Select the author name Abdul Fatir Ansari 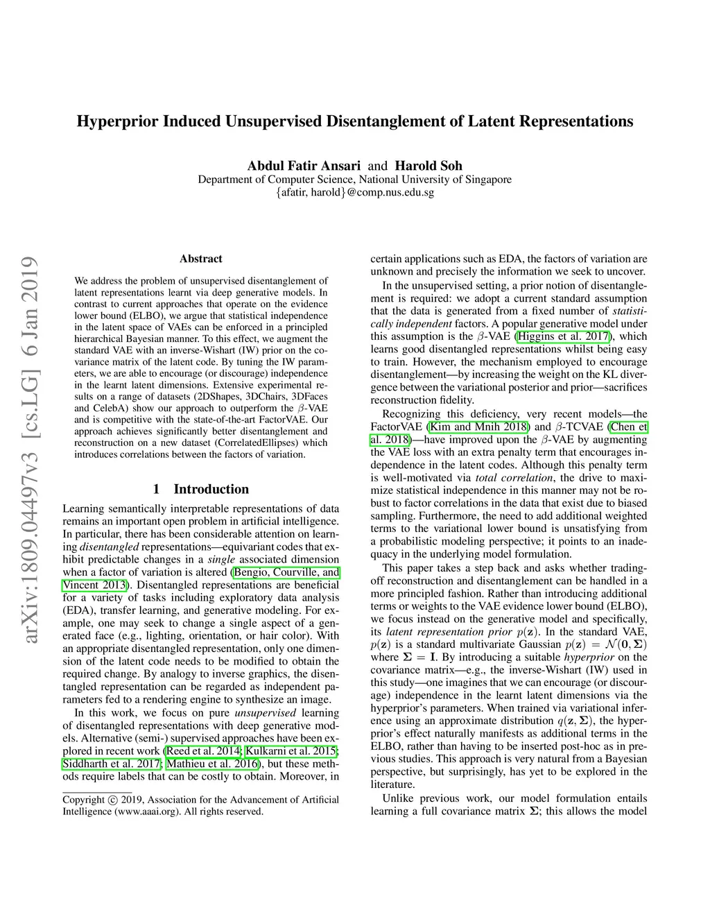point(304,166)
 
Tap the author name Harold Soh point(428,166)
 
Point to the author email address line point(354,192)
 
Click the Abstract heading point(200,259)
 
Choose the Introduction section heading point(211,489)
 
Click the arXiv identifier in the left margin point(30,452)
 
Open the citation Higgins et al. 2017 point(564,336)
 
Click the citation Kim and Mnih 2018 point(478,427)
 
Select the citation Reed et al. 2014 point(203,751)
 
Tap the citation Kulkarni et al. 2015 point(291,751)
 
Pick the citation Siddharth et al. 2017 point(112,764)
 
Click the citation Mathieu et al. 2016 point(213,764)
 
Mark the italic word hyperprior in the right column point(589,657)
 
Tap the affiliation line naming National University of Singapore point(354,180)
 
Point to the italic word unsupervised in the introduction point(265,713)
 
